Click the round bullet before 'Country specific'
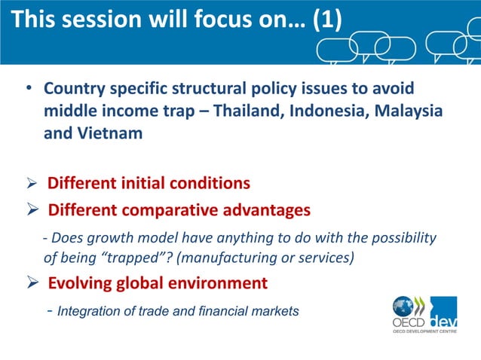[27, 90]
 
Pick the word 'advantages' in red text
[262, 209]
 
